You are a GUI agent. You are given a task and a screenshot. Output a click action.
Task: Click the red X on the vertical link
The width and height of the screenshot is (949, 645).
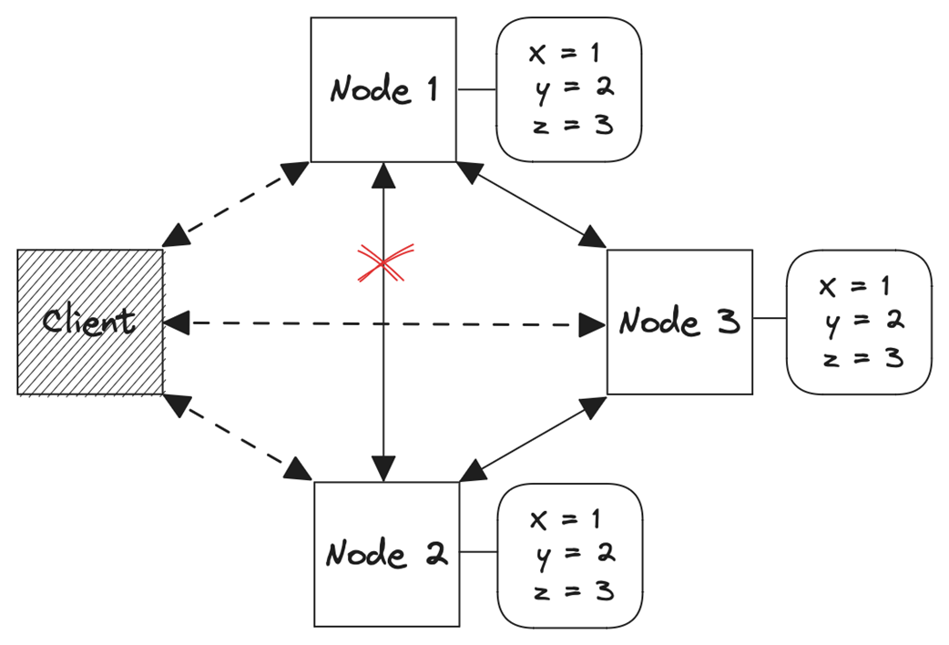[x=383, y=262]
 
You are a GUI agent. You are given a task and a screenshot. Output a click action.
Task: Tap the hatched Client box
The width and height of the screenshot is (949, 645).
[x=89, y=321]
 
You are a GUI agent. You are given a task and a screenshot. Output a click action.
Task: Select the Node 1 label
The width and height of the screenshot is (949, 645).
[x=383, y=89]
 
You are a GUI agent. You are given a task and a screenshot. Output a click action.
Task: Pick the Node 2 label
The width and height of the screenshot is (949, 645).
[x=386, y=553]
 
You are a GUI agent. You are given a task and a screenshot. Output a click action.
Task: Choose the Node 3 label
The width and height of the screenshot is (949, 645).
[x=679, y=322]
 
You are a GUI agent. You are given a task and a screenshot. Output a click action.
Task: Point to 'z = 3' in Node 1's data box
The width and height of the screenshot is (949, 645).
[x=570, y=125]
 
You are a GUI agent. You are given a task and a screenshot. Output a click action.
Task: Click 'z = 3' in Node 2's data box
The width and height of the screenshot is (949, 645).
[x=570, y=591]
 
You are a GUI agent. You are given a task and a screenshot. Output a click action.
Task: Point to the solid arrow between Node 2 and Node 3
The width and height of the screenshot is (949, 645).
[x=533, y=438]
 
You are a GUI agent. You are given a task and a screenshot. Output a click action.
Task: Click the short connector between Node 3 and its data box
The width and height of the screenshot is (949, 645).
[x=770, y=319]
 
